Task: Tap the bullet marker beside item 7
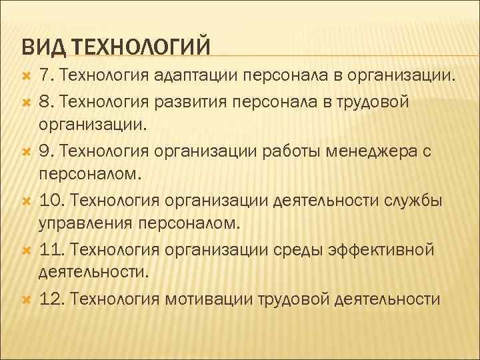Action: pos(25,77)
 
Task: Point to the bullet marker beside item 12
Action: pos(25,299)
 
